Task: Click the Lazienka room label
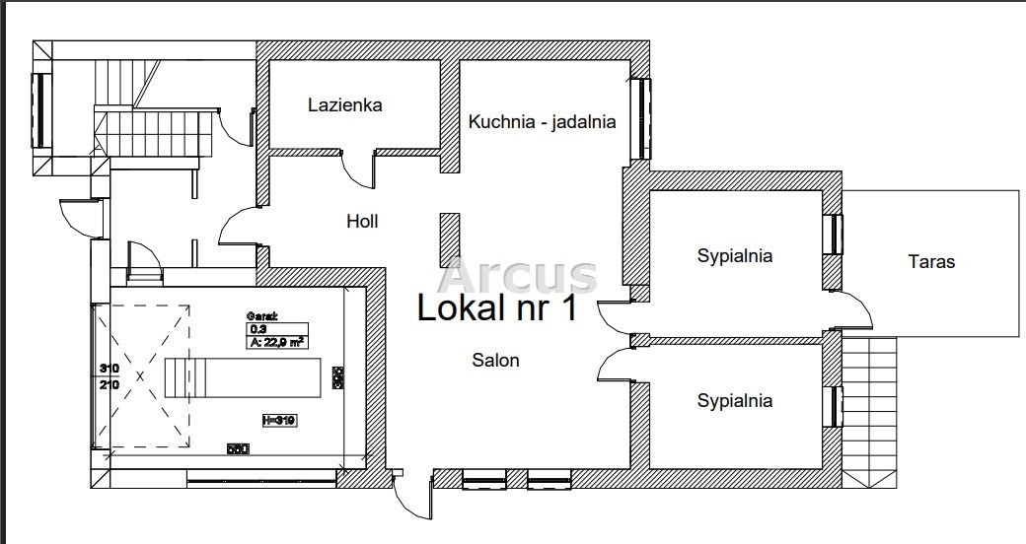click(344, 104)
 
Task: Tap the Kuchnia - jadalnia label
click(543, 122)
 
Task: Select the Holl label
click(362, 222)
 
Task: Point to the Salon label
click(495, 361)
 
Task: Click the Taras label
click(931, 262)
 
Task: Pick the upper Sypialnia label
click(734, 256)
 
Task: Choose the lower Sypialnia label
click(734, 401)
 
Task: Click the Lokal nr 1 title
click(497, 307)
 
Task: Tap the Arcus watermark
click(519, 275)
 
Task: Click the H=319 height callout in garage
click(279, 420)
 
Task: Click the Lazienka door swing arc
click(358, 170)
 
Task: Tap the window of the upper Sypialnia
click(835, 235)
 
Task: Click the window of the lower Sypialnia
click(835, 405)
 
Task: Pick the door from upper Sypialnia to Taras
click(854, 310)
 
